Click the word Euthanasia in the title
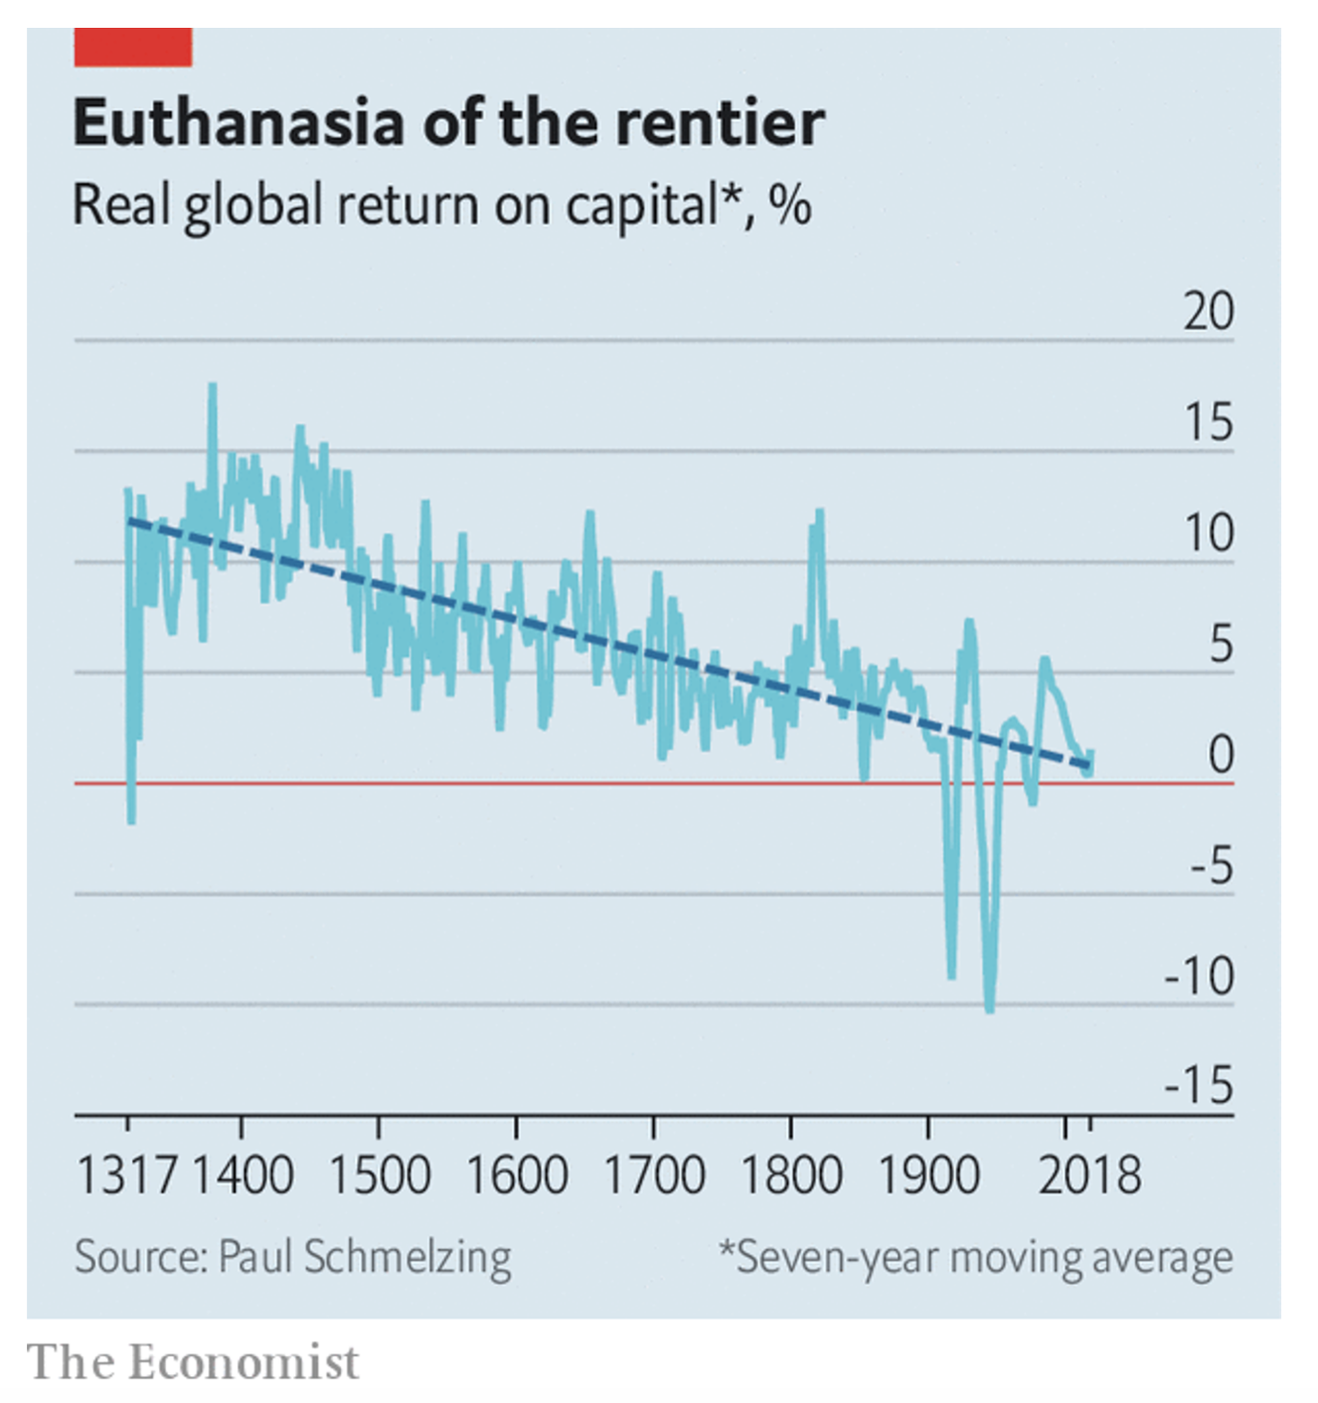(239, 123)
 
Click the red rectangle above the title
(133, 48)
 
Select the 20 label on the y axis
(1209, 311)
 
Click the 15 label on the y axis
(1209, 421)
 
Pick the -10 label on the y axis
(1200, 976)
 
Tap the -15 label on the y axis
(1200, 1086)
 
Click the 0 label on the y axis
(1222, 754)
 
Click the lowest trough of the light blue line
(989, 1011)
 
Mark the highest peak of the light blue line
(212, 386)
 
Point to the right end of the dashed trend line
(1089, 765)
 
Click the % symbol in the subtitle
(790, 205)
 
